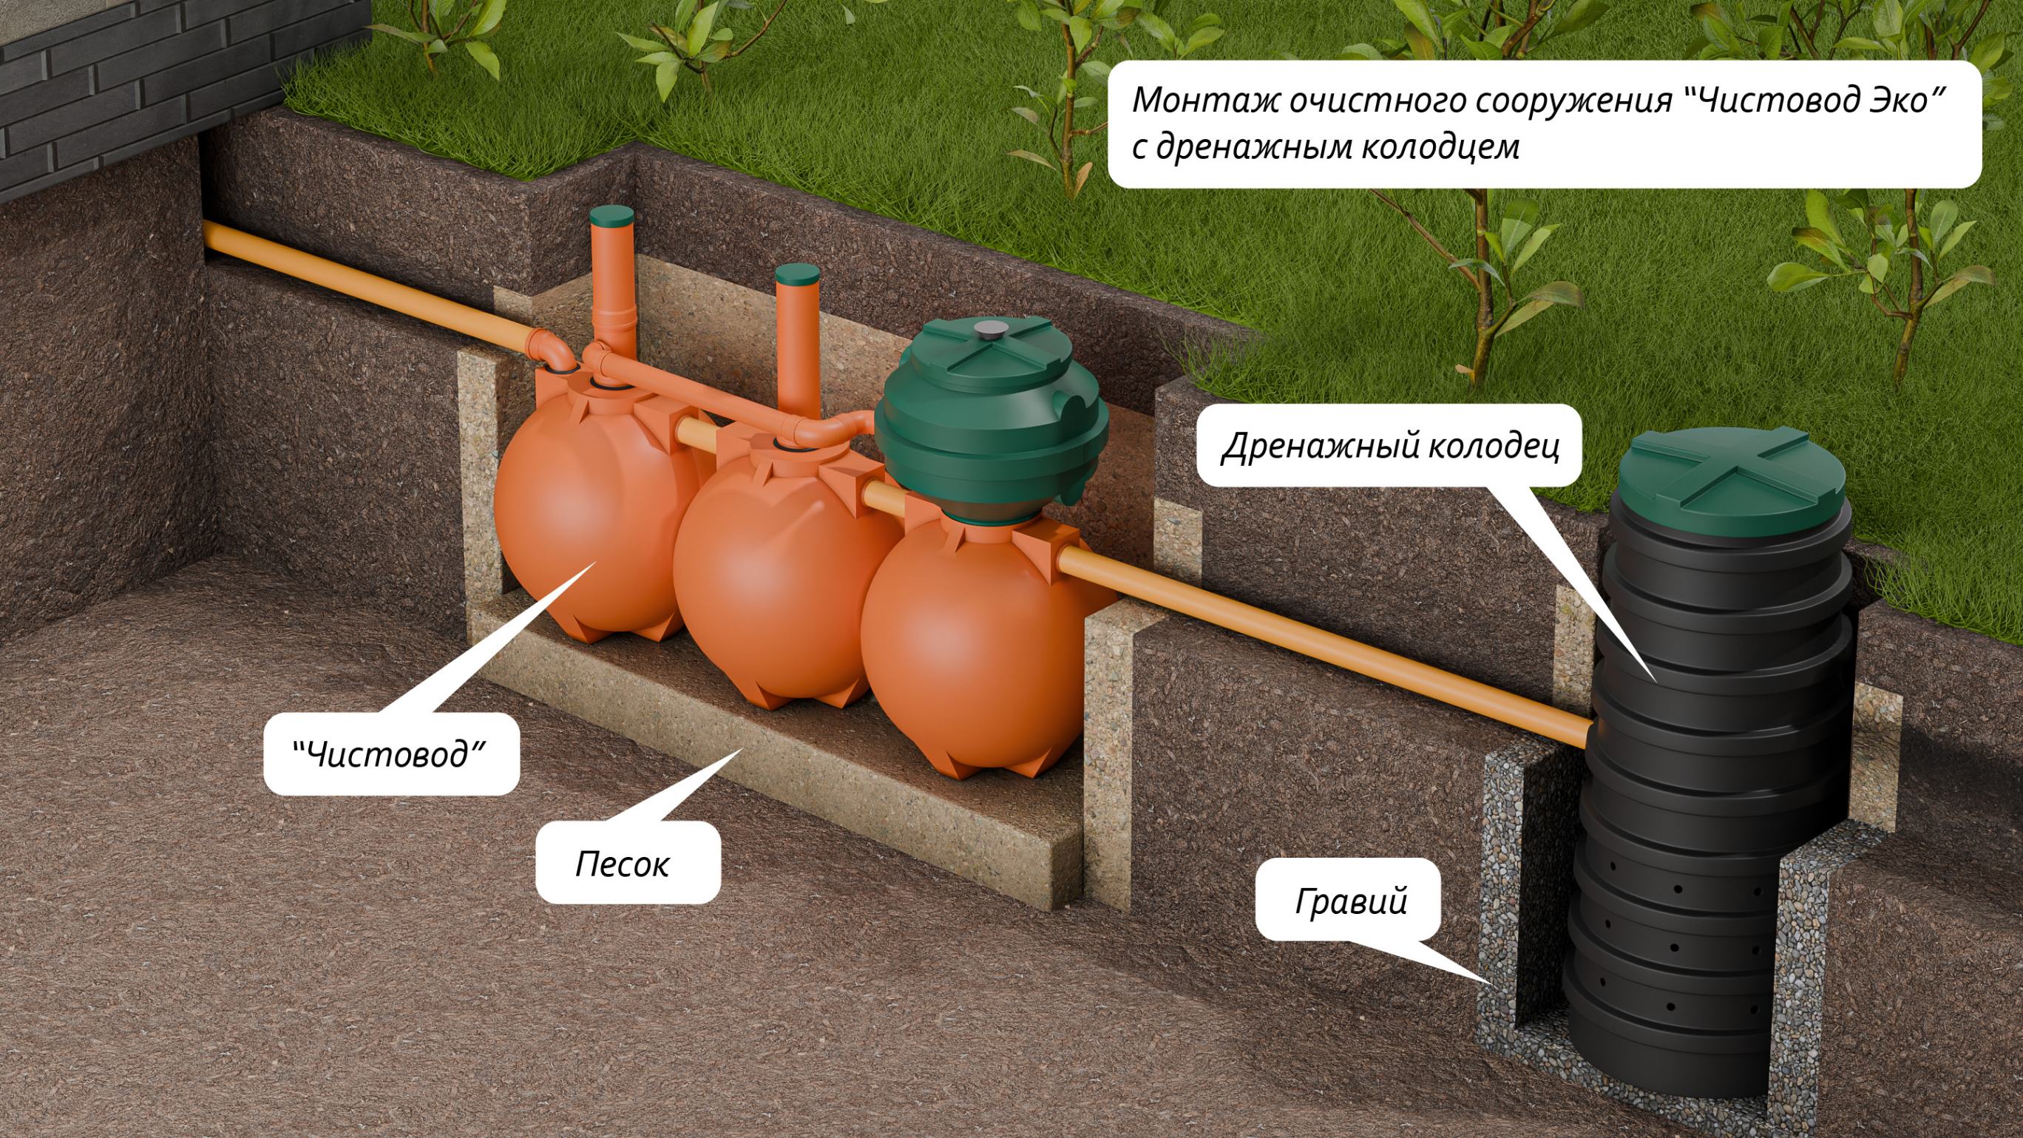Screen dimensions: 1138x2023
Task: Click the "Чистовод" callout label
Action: [390, 755]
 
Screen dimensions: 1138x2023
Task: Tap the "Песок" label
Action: [622, 864]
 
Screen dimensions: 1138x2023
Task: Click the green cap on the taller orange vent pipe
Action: [611, 215]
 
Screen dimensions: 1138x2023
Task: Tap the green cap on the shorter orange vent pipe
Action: [798, 275]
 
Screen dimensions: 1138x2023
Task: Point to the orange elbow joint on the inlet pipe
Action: [549, 350]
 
